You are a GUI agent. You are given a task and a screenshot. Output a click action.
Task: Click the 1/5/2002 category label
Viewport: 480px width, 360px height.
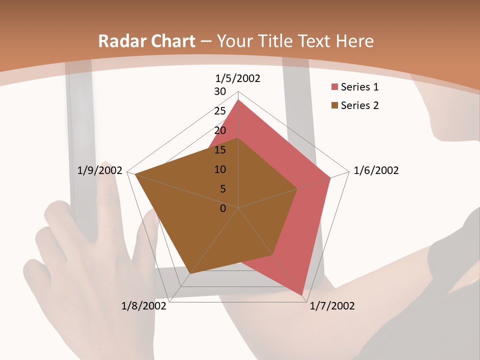238,78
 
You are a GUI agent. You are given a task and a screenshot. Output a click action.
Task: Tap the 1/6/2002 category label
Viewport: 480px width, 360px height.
376,170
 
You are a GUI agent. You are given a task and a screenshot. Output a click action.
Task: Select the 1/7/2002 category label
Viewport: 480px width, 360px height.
332,306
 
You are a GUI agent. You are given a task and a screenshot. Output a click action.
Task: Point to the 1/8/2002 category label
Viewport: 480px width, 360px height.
144,306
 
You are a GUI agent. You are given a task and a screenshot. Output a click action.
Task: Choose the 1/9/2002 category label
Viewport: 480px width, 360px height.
100,170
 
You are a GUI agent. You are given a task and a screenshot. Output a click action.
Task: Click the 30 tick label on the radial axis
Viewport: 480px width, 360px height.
220,91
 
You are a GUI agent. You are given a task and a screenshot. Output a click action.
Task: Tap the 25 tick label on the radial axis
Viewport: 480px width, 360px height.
220,111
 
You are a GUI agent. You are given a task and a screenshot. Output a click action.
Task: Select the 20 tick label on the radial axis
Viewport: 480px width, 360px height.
220,130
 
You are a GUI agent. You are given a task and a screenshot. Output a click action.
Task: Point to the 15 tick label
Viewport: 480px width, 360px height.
220,150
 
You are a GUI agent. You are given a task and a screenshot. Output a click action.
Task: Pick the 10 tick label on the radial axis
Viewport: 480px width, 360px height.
220,169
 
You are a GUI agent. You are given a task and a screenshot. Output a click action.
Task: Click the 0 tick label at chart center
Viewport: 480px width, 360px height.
223,208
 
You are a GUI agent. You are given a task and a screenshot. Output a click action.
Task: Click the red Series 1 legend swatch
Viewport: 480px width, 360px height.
334,87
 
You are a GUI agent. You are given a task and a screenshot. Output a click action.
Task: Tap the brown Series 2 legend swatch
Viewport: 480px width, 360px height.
334,105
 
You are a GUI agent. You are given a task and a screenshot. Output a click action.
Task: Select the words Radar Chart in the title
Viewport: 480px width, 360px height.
146,41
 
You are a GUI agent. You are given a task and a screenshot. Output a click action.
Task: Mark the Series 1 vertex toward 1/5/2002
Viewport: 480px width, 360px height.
238,100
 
